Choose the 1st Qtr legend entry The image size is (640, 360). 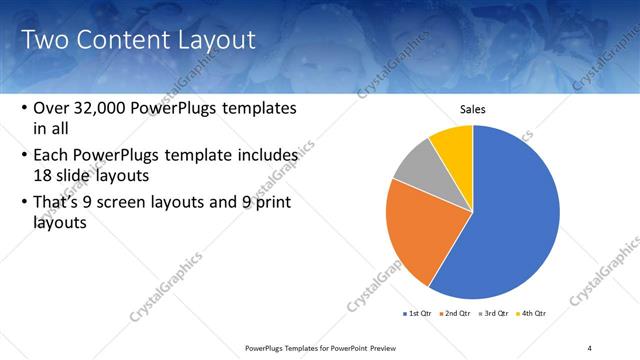click(419, 313)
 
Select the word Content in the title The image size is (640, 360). click(120, 40)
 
